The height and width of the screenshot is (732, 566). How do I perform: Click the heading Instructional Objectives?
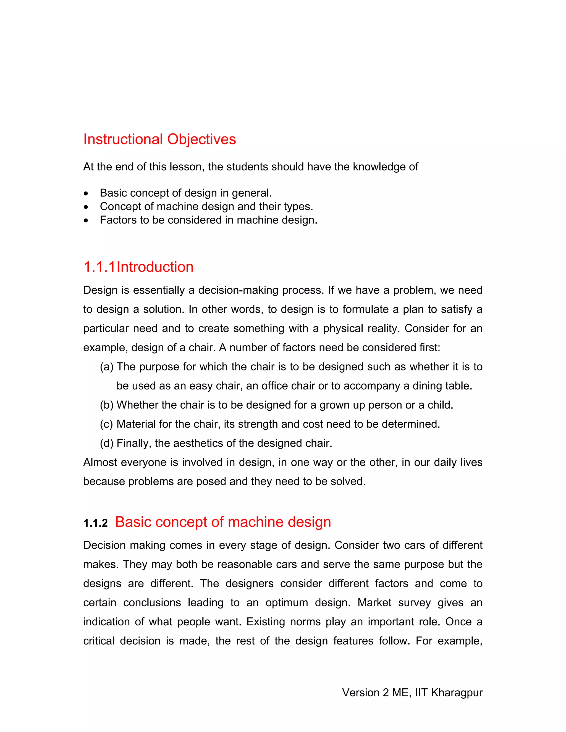(x=160, y=139)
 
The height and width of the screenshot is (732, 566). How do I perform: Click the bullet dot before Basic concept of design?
(x=87, y=194)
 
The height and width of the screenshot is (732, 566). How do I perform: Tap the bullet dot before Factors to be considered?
(x=87, y=220)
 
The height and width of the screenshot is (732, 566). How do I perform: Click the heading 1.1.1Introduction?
(x=138, y=267)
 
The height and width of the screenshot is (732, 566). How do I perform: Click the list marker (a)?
(x=107, y=367)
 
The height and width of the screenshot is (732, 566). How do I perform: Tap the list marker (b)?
(x=107, y=405)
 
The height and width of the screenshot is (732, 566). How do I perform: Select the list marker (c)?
(x=107, y=424)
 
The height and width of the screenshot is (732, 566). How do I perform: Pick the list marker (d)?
(x=107, y=443)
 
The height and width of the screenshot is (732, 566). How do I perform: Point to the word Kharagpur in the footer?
(x=457, y=692)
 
